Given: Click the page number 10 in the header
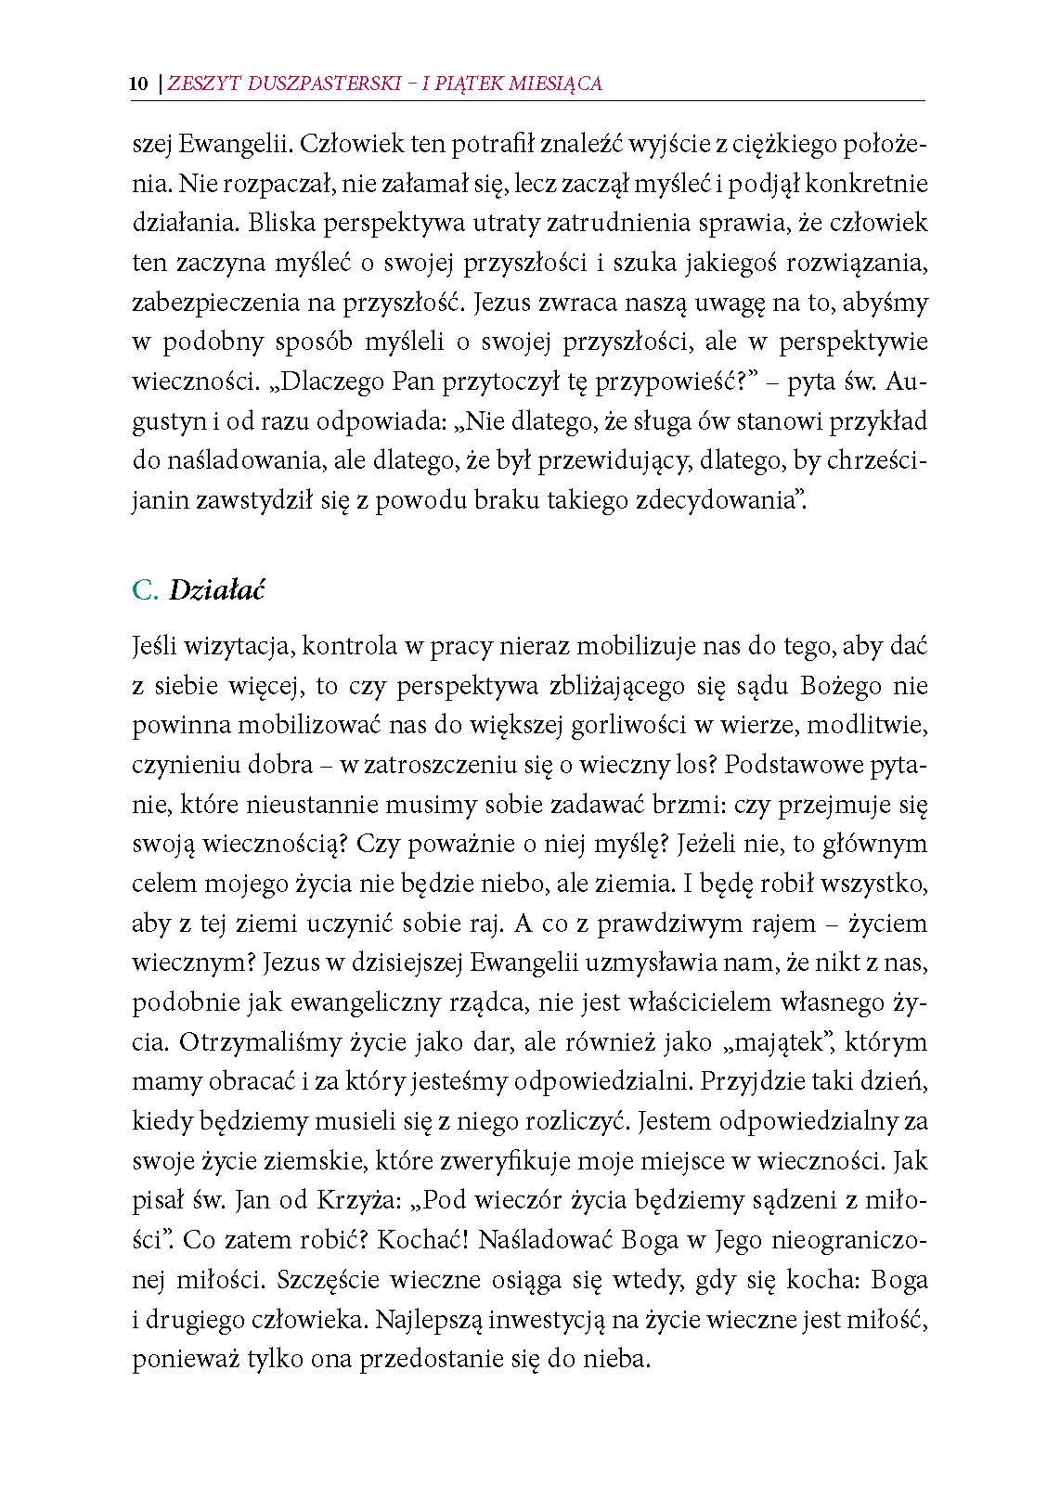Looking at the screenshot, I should click(139, 84).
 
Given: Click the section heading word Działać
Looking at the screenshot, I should click(217, 590).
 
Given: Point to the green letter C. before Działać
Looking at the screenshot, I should click(146, 590).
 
